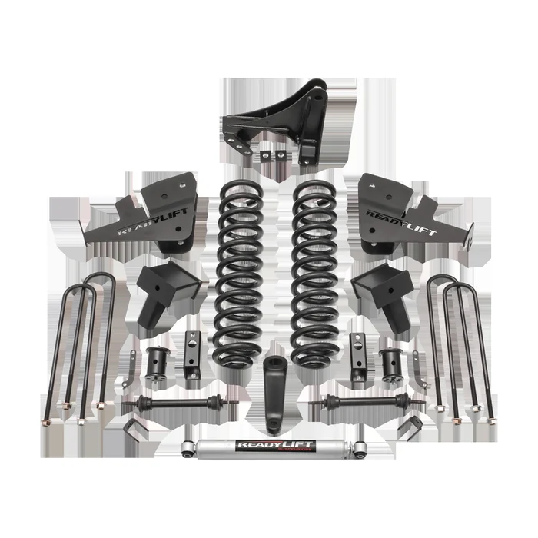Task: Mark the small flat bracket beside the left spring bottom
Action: pos(190,354)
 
